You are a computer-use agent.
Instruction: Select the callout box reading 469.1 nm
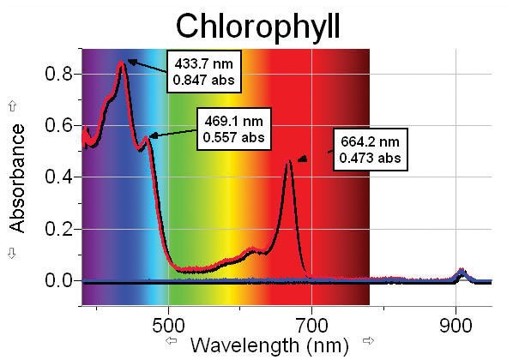tap(234, 129)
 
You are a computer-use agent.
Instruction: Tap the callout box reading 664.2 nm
tap(366, 149)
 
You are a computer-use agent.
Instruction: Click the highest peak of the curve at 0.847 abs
tap(122, 63)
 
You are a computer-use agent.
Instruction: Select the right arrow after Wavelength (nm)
tap(369, 342)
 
